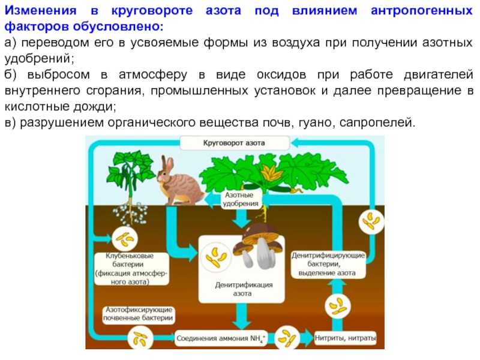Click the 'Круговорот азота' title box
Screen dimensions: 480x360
click(235, 143)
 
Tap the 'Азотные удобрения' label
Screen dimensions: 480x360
click(241, 199)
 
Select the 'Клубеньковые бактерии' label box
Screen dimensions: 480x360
click(131, 269)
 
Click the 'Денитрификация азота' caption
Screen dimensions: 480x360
click(244, 289)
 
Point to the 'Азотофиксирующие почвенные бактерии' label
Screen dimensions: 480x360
click(139, 314)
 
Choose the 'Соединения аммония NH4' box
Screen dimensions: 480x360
click(221, 338)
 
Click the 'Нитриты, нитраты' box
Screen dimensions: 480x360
click(346, 338)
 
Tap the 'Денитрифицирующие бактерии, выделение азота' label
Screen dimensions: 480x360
click(328, 264)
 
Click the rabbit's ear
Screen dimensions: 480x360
click(168, 164)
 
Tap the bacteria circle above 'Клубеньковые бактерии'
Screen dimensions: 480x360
click(124, 239)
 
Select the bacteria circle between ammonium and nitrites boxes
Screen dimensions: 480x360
click(287, 337)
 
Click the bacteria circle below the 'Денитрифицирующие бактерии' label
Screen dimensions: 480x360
click(337, 306)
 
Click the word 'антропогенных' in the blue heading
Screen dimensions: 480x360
click(422, 11)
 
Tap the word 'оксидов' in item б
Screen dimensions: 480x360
click(281, 74)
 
